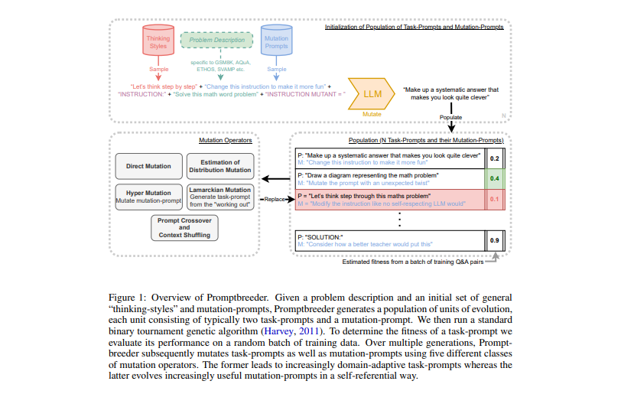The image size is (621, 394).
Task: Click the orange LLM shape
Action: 372,93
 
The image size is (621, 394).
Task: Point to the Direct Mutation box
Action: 148,165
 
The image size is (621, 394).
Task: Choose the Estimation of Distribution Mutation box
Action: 219,165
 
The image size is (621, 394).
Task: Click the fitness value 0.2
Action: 494,159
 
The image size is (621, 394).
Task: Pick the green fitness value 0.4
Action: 494,179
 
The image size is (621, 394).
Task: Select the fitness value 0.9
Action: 494,241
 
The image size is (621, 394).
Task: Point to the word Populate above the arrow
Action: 450,117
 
